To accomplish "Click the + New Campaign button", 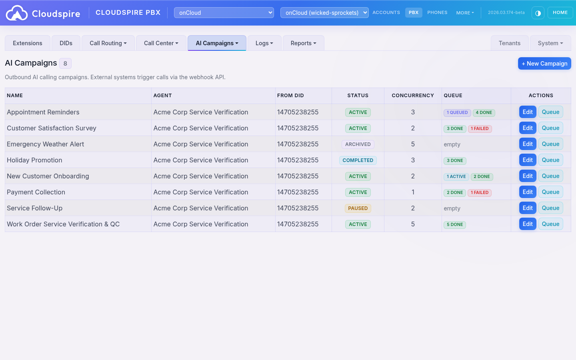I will [x=544, y=64].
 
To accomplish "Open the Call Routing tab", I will [x=108, y=43].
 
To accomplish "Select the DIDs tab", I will [x=66, y=43].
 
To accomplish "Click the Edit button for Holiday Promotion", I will [x=527, y=160].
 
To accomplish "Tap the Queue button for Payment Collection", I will [x=550, y=192].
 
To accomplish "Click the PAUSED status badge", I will [x=358, y=208].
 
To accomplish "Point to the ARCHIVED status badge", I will [x=358, y=144].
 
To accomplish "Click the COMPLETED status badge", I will [x=358, y=160].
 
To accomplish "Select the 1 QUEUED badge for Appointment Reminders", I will [x=457, y=113].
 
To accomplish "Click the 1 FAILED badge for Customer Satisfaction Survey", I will [x=479, y=129].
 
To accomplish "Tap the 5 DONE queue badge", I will [x=454, y=225].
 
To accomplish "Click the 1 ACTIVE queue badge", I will [x=456, y=177].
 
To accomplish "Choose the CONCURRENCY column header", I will [x=412, y=96].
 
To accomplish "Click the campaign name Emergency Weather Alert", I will [x=45, y=144].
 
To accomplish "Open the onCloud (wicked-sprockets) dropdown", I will [x=324, y=13].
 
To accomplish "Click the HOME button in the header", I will [x=560, y=13].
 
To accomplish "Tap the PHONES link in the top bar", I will [x=437, y=13].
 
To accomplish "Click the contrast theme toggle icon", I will [x=538, y=13].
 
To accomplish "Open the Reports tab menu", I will [x=303, y=43].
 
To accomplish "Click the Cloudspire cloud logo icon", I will [x=17, y=13].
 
